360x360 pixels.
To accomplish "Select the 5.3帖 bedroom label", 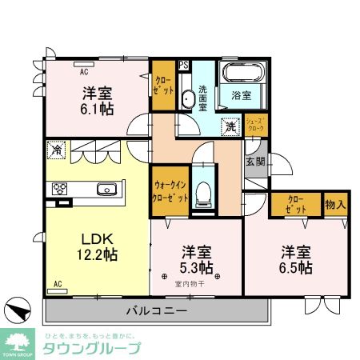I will tap(196, 259).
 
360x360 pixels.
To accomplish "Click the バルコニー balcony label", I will tap(156, 310).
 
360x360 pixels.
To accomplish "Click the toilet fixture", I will tap(203, 190).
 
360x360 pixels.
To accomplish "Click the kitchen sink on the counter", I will tap(107, 190).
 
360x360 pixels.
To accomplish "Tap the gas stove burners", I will tap(60, 190).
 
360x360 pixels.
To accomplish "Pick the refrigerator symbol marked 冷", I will tap(56, 148).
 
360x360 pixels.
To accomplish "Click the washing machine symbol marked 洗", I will tap(230, 126).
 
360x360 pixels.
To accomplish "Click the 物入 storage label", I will tap(335, 205).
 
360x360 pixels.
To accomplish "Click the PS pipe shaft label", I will tap(184, 66).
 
